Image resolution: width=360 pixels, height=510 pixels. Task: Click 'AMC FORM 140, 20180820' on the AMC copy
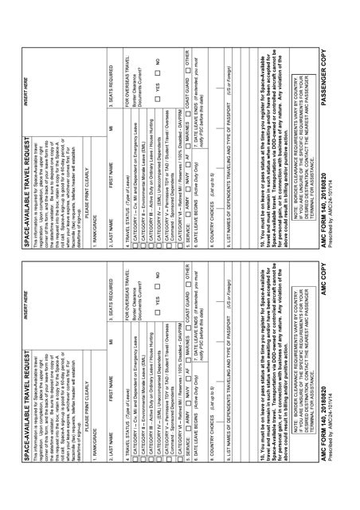click(x=57, y=480)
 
